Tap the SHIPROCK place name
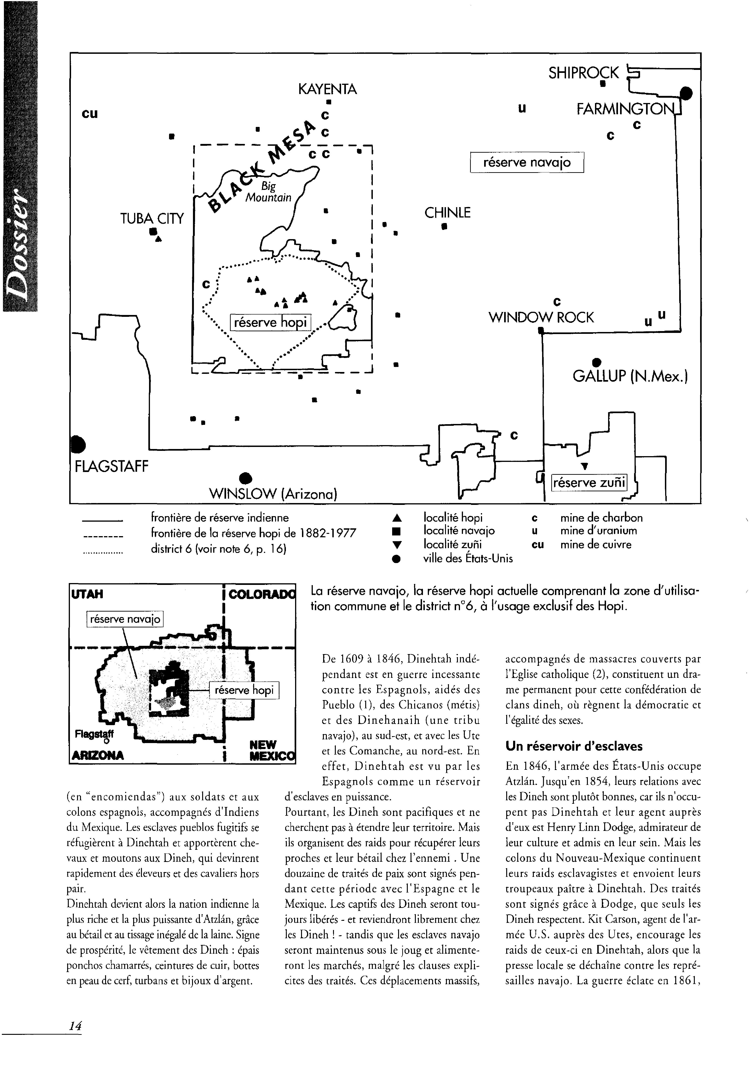coord(583,73)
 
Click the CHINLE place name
coord(447,213)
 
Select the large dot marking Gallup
coord(597,362)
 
